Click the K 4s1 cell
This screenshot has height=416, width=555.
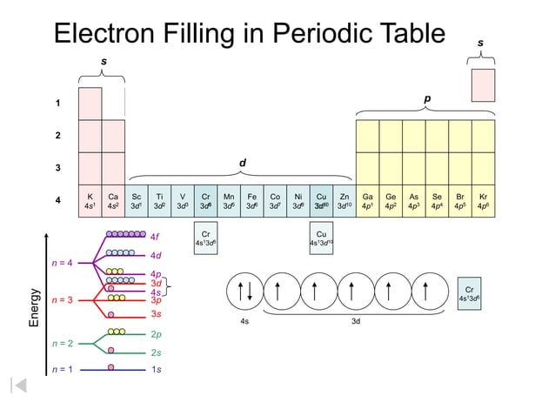tap(90, 202)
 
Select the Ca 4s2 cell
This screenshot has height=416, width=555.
tap(113, 202)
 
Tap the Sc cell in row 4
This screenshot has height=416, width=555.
tap(137, 202)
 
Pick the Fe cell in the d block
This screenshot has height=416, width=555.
tap(251, 202)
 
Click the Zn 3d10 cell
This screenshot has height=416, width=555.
tap(344, 202)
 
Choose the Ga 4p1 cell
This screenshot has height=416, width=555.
tap(368, 202)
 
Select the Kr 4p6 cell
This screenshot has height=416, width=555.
tap(484, 202)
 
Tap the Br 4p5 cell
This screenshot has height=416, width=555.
tap(460, 202)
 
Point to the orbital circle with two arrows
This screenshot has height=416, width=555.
tap(244, 292)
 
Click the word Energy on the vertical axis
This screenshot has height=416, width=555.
tap(35, 307)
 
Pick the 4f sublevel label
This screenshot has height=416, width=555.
tap(155, 236)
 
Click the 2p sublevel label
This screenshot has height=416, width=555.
tap(156, 334)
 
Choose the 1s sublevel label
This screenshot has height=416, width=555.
tap(156, 370)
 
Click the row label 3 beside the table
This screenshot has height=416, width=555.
tap(58, 169)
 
